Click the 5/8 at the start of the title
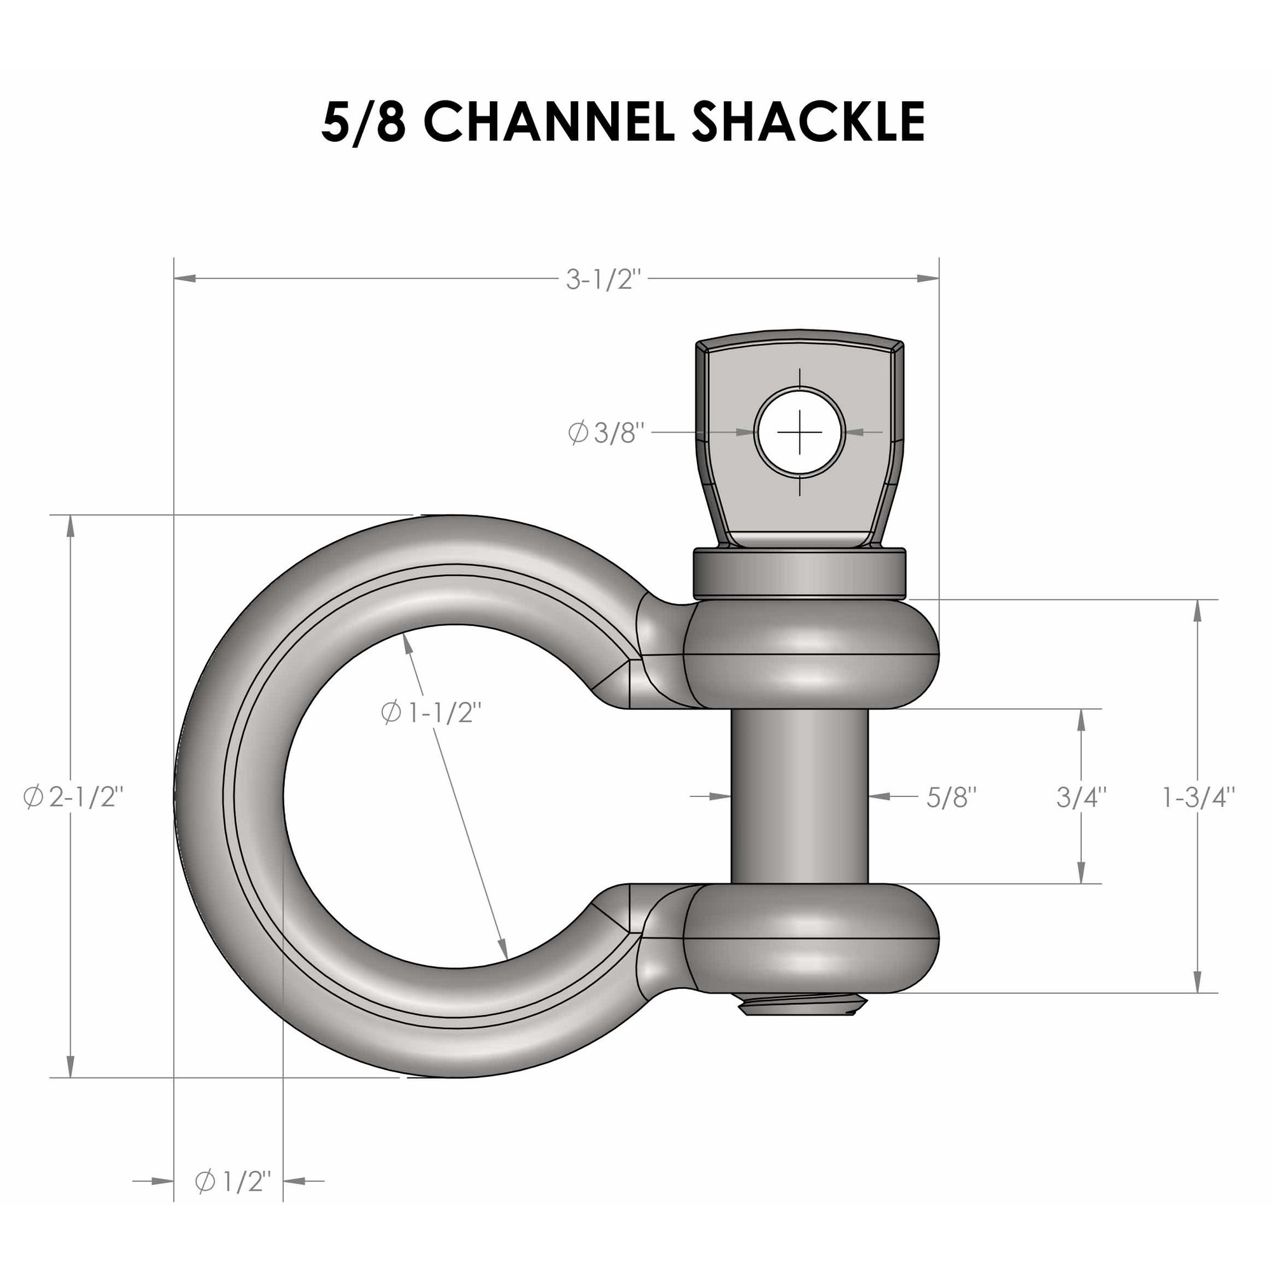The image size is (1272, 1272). point(363,123)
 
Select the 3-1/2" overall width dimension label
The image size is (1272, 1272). point(603,280)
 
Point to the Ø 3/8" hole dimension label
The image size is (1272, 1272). point(604,433)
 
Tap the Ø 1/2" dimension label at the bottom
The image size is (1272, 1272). point(233,1200)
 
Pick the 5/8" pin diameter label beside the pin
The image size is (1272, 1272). point(951,798)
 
